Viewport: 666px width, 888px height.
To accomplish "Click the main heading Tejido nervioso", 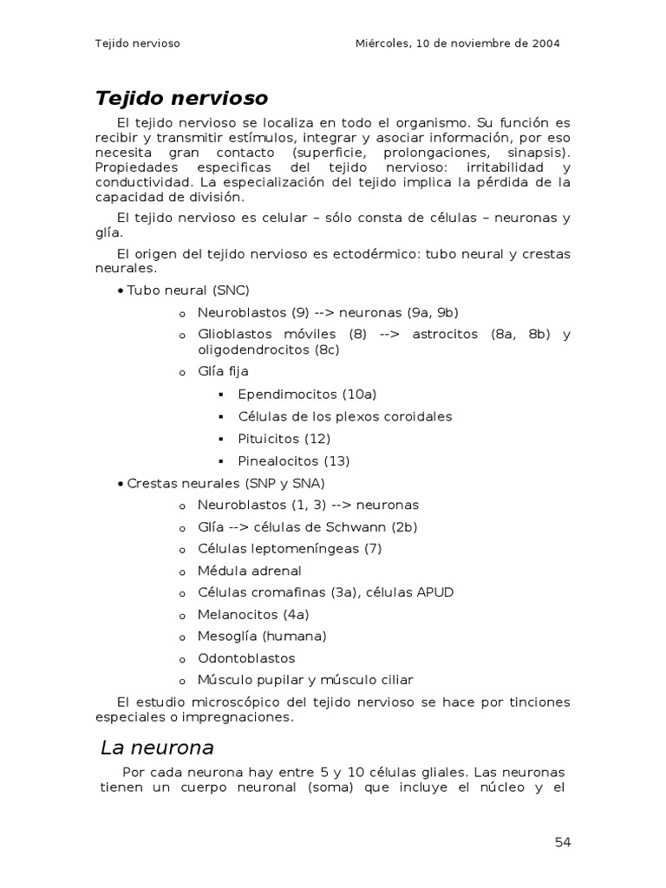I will tap(181, 98).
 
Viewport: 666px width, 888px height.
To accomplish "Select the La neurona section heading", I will tap(157, 748).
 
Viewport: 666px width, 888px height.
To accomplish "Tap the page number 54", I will tap(563, 842).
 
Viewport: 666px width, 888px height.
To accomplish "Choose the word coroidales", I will tap(417, 416).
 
